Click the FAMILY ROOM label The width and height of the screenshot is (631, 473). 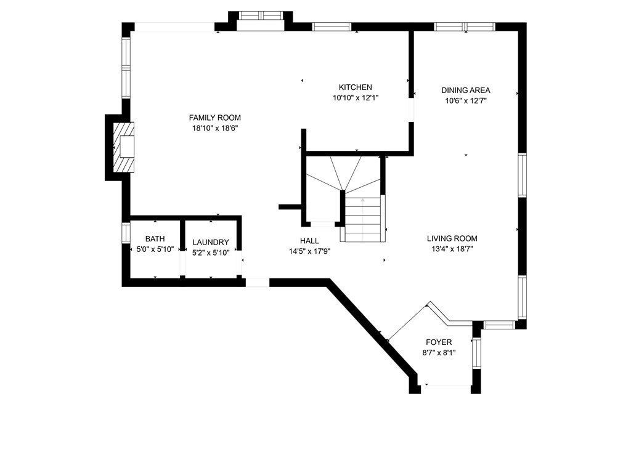tap(215, 118)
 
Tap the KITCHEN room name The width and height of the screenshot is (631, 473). tap(356, 87)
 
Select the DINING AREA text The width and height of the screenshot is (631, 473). tap(466, 91)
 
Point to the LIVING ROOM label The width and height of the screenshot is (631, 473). tap(452, 238)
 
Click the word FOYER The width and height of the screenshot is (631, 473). tap(439, 342)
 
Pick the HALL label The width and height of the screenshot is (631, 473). tap(309, 241)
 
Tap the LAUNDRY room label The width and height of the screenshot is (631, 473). tap(211, 243)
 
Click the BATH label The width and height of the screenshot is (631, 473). tap(155, 239)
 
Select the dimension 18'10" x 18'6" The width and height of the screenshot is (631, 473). tap(215, 128)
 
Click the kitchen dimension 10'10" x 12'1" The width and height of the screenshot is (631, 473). tap(356, 98)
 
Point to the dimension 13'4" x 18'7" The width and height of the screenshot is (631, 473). tap(452, 249)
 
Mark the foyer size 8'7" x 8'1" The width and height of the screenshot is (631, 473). tap(439, 353)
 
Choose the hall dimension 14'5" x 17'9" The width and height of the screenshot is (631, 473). tap(309, 251)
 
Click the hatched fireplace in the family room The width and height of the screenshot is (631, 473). tap(123, 148)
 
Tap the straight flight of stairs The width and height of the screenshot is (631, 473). tap(362, 219)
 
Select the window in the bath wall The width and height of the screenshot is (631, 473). tap(126, 233)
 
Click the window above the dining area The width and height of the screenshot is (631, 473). tap(465, 27)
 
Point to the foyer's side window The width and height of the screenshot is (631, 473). tap(476, 353)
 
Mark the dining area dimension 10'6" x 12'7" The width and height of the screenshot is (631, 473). tap(466, 101)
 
